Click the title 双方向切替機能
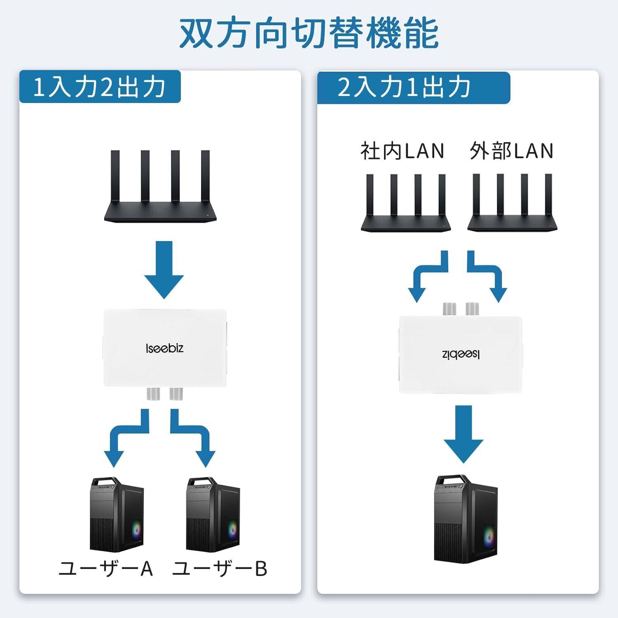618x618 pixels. [x=309, y=33]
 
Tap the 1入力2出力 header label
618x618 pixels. [x=100, y=87]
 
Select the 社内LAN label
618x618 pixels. [x=403, y=151]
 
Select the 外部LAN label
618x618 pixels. [x=511, y=151]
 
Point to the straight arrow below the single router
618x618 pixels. [x=164, y=270]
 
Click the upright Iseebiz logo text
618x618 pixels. [x=164, y=349]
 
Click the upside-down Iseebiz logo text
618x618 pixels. [x=461, y=354]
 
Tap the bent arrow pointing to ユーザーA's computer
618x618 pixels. [x=124, y=439]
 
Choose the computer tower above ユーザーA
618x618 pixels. [x=117, y=515]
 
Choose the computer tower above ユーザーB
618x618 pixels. [x=213, y=515]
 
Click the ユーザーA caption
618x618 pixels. [x=106, y=569]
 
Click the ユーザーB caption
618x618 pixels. [x=220, y=569]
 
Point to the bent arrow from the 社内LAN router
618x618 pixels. [x=426, y=276]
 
